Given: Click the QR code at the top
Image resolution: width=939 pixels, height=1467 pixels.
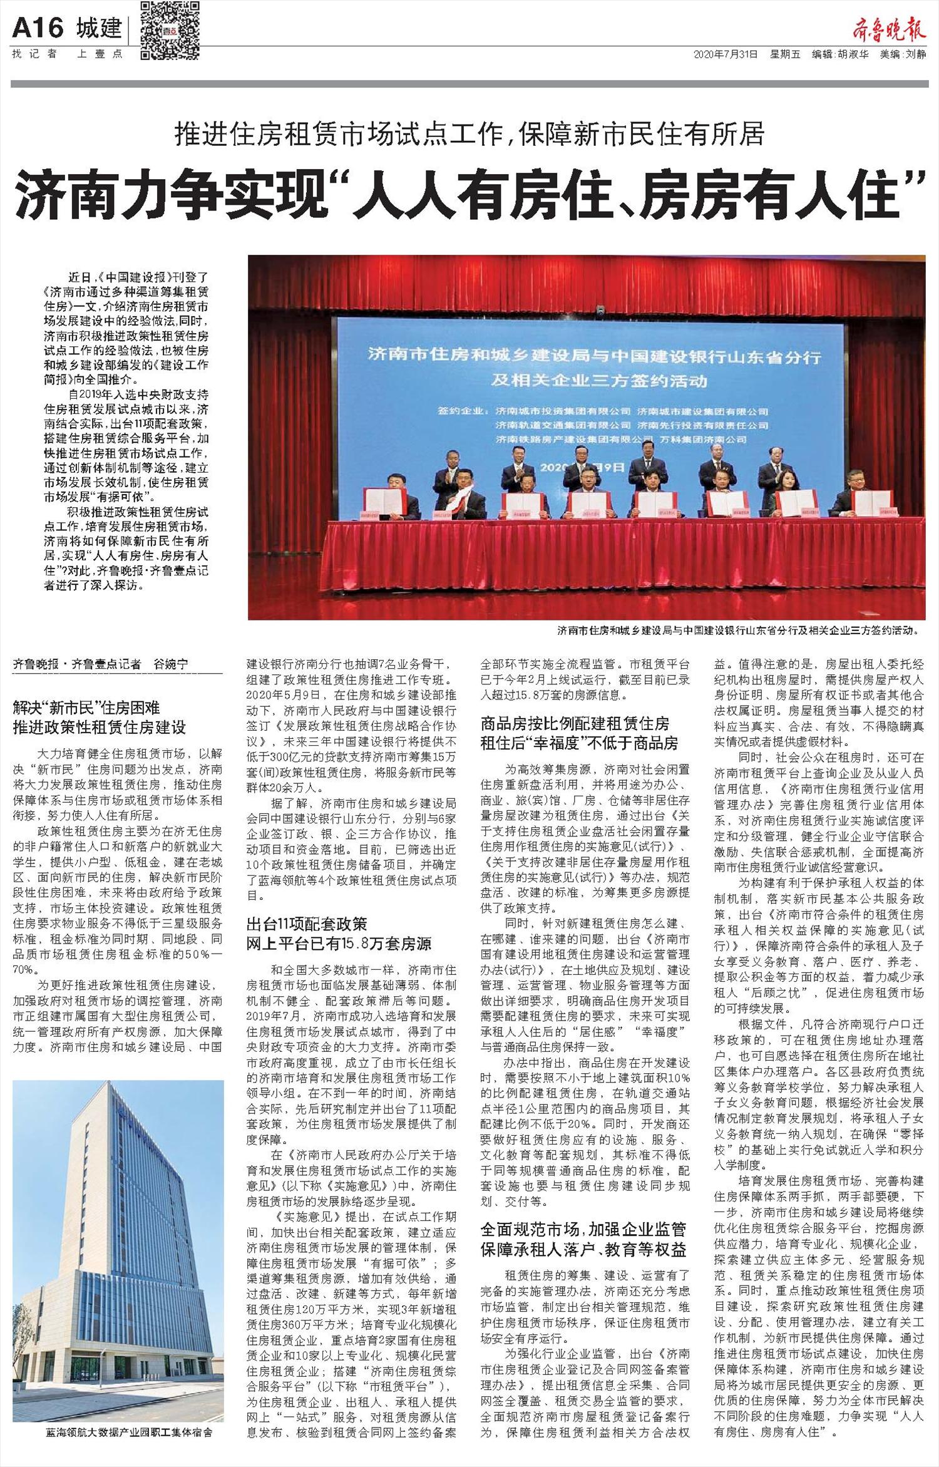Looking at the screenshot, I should (x=170, y=30).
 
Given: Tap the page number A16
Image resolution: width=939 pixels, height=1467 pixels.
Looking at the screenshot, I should (x=38, y=28).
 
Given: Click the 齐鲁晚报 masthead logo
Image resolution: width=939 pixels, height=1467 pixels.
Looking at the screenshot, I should (x=889, y=29).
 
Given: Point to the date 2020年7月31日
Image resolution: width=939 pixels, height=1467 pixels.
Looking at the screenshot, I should (x=726, y=54).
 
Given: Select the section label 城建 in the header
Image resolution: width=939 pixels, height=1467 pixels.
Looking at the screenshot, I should (x=99, y=28).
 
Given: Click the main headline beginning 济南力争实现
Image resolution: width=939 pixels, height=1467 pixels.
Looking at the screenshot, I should (x=469, y=195).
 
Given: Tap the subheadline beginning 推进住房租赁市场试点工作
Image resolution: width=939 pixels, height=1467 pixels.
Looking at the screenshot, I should (x=469, y=133).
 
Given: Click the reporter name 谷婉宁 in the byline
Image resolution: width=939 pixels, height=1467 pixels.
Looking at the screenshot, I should (x=170, y=664).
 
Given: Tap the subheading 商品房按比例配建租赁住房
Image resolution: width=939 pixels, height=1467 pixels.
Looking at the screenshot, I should (x=575, y=724).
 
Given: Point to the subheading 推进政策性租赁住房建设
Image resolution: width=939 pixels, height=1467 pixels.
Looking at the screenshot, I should (x=100, y=728).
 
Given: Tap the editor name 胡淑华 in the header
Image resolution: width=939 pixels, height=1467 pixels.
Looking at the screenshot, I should (x=852, y=54).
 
